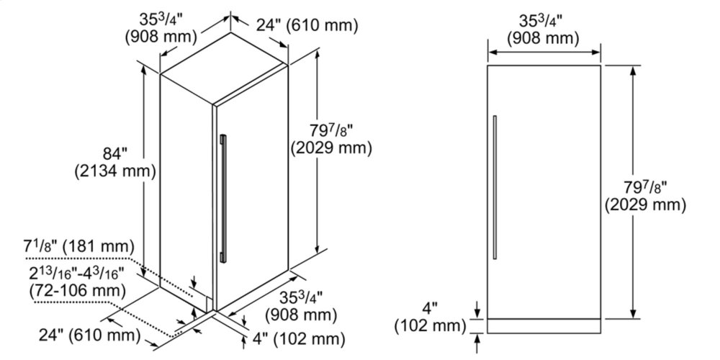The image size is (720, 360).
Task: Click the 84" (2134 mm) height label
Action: pyautogui.click(x=114, y=161)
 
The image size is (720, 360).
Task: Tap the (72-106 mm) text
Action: pyautogui.click(x=77, y=290)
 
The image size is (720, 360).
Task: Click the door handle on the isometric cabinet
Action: pyautogui.click(x=223, y=199)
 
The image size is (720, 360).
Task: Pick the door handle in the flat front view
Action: pyautogui.click(x=495, y=187)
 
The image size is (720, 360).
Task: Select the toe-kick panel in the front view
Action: pyautogui.click(x=544, y=326)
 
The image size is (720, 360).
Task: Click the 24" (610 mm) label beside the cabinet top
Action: pyautogui.click(x=306, y=26)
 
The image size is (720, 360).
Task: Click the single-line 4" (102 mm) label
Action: pyautogui.click(x=299, y=340)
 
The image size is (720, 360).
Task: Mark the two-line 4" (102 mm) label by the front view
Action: pyautogui.click(x=430, y=316)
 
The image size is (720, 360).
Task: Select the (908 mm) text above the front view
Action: pyautogui.click(x=543, y=39)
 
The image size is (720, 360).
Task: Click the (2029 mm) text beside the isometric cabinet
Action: pyautogui.click(x=331, y=148)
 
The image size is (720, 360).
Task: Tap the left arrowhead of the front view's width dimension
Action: pyautogui.click(x=492, y=52)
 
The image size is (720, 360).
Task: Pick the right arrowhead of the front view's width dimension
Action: pyautogui.click(x=596, y=52)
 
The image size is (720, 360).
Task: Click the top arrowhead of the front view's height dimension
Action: pyautogui.click(x=634, y=71)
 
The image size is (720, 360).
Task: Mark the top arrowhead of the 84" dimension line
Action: pyautogui.click(x=144, y=70)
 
